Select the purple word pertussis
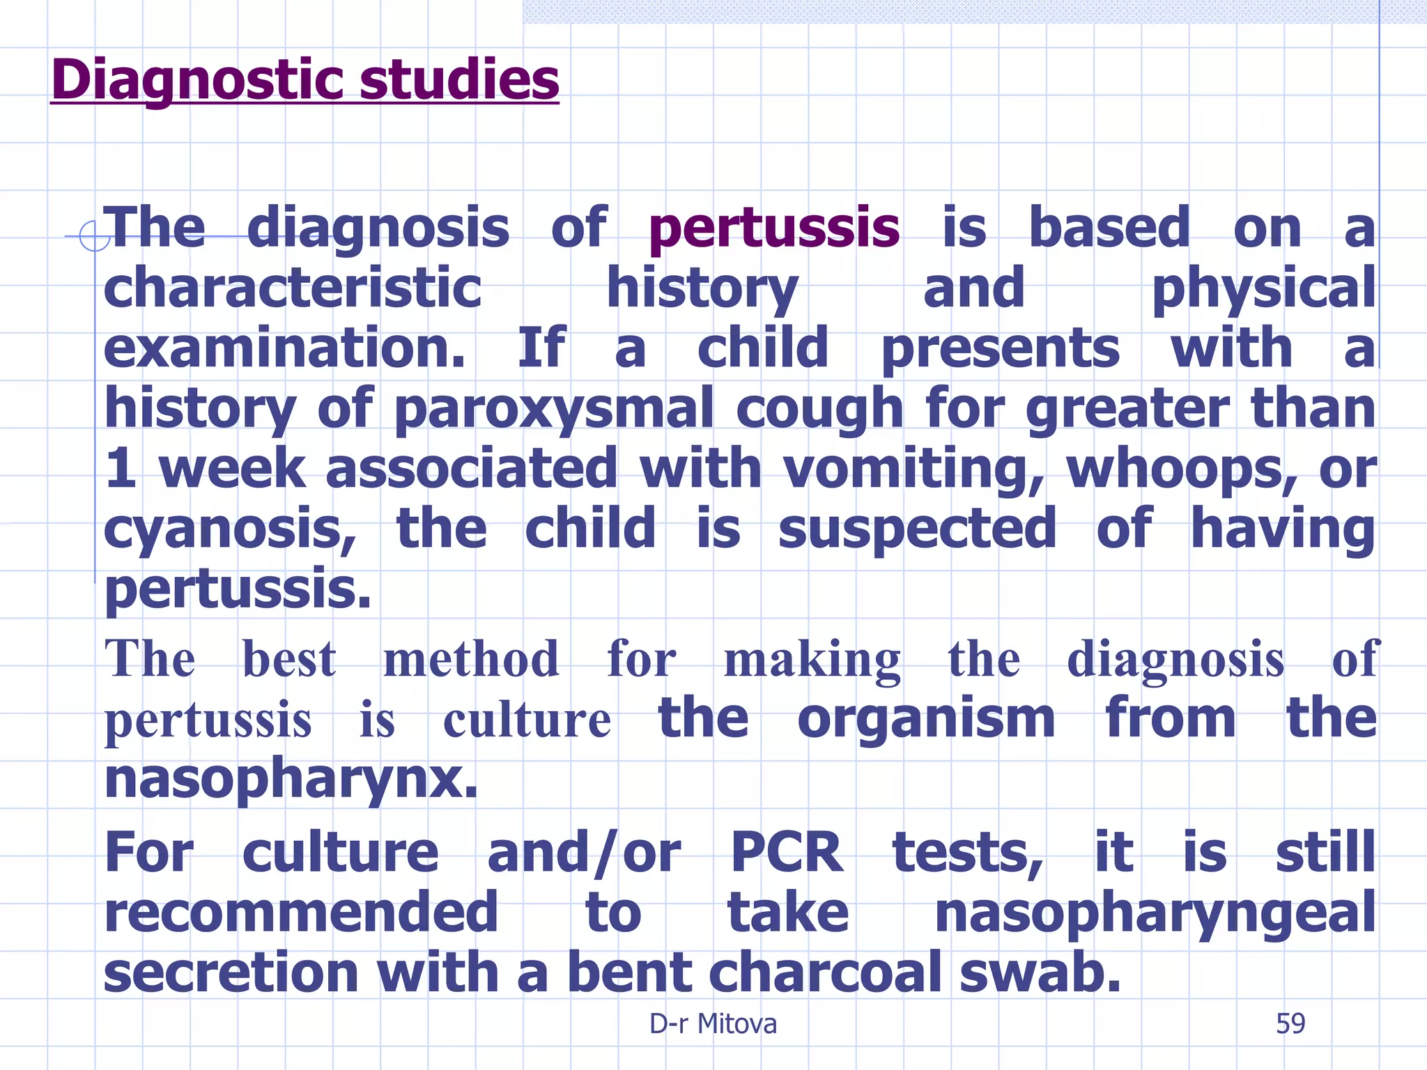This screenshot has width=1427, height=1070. tap(773, 228)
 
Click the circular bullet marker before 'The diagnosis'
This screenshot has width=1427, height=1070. tap(94, 236)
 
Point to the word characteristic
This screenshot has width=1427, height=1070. tap(293, 288)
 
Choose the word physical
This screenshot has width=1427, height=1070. tap(1263, 289)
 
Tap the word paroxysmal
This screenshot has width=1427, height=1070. tap(554, 409)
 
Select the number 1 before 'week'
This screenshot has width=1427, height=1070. tap(121, 469)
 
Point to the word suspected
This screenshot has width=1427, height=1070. tap(917, 529)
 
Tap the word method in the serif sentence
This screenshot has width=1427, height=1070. tap(471, 659)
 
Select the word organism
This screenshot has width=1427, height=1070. tap(926, 719)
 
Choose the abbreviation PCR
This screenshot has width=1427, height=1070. tap(787, 853)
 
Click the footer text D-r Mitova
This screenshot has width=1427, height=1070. tap(713, 1024)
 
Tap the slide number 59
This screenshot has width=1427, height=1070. tap(1290, 1024)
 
